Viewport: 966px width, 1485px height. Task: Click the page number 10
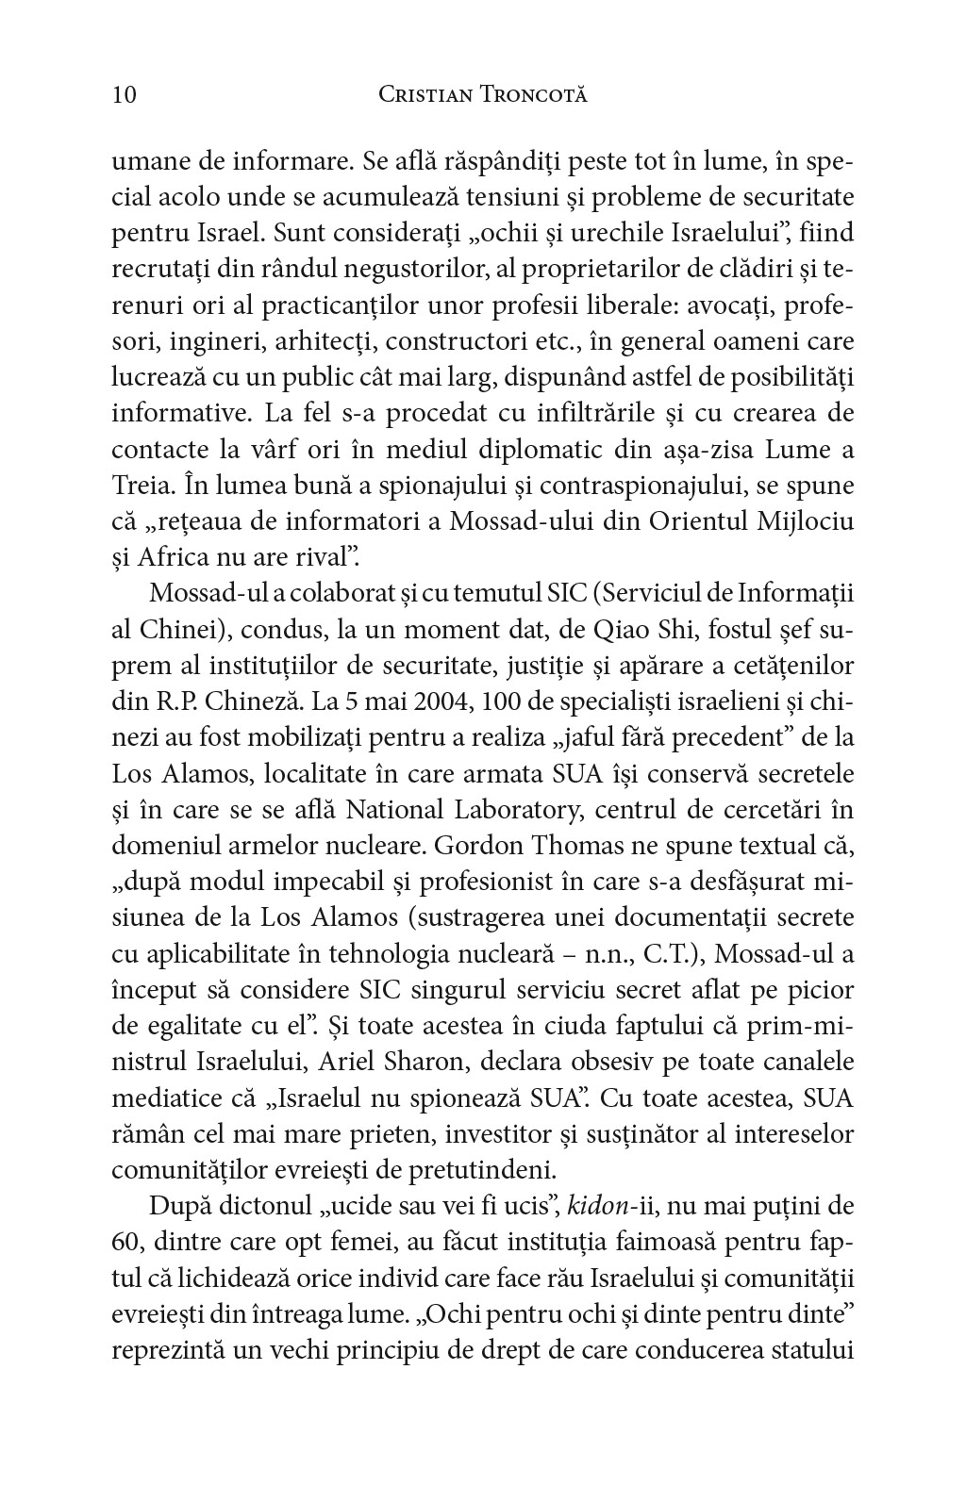pyautogui.click(x=125, y=95)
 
